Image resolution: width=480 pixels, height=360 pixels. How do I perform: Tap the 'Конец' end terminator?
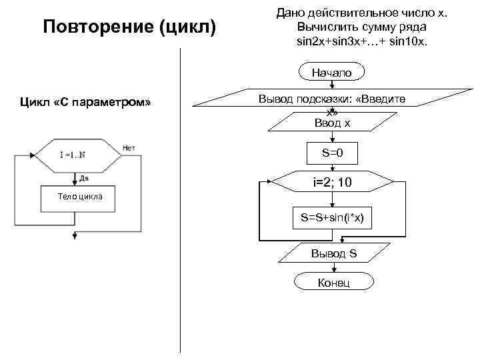[333, 283]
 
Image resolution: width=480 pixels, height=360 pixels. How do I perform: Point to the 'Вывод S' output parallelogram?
[333, 253]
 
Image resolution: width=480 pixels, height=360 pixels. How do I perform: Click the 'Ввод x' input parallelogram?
[333, 123]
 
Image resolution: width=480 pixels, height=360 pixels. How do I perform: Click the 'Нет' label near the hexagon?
[129, 147]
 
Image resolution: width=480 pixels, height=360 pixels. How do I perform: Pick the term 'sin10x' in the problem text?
[413, 41]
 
